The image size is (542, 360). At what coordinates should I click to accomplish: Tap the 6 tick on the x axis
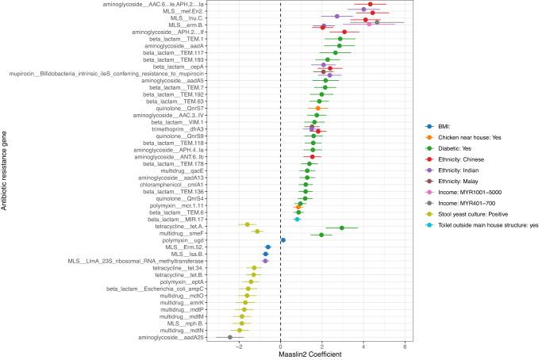(405, 345)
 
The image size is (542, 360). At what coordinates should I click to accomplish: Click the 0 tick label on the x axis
(281, 345)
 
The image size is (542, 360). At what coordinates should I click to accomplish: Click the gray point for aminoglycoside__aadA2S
(230, 337)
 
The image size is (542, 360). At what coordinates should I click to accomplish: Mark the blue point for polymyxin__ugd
(283, 239)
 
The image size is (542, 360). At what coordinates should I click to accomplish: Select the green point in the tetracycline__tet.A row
(342, 228)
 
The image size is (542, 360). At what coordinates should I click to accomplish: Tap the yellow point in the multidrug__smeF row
(257, 232)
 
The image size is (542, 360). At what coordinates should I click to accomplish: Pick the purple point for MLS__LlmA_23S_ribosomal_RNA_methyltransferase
(266, 261)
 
